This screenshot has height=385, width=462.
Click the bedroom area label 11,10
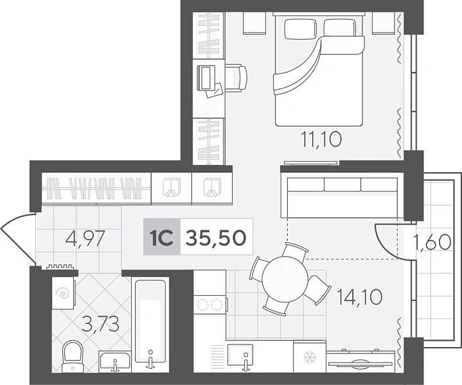321,139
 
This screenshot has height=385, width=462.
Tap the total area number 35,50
216,237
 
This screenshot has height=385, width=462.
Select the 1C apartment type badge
162,237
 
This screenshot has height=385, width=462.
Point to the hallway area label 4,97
85,239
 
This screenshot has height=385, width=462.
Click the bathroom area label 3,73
100,323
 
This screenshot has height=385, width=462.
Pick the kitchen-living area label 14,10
359,296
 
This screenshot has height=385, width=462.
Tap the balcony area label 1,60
432,242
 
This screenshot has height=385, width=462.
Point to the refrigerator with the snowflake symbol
310,357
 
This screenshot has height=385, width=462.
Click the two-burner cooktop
209,305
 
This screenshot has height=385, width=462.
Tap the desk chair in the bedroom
236,78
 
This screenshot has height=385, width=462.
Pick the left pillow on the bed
301,29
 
